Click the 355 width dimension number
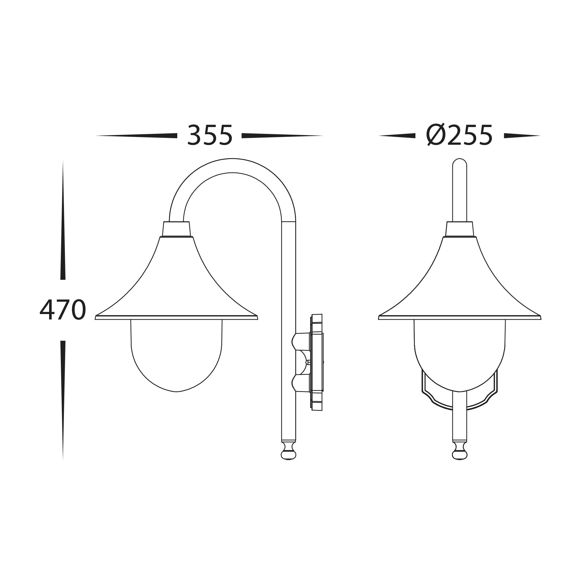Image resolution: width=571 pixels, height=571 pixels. tap(210, 135)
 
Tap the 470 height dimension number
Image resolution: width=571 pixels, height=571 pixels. tap(63, 310)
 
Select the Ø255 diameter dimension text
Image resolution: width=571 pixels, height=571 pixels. tap(459, 135)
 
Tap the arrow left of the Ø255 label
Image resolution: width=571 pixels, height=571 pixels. tap(397, 136)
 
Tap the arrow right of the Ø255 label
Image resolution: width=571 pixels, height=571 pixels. tap(522, 136)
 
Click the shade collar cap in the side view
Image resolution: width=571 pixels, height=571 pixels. tap(176, 229)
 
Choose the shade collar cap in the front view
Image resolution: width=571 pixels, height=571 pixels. tap(460, 229)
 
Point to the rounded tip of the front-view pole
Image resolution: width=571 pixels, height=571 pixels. tap(460, 162)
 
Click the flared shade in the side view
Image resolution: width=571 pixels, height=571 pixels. tap(176, 284)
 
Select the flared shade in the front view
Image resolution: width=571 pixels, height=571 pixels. tap(460, 284)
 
